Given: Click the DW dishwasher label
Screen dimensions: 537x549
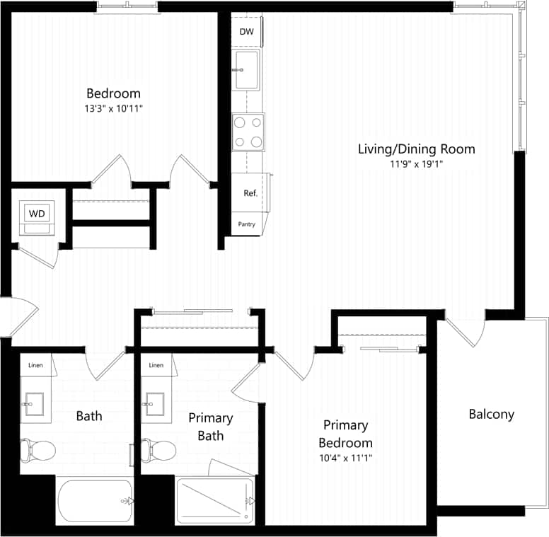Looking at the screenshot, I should point(246,32).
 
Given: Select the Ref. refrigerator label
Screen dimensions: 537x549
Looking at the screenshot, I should point(250,193).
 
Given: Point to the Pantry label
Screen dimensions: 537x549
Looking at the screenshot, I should point(247,224).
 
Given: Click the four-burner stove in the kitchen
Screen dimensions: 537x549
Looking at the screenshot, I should point(248,132).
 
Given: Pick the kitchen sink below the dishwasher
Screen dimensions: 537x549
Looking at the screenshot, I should point(248,70).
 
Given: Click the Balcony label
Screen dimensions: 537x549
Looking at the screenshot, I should point(492,415).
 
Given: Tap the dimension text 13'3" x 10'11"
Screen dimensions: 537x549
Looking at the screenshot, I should point(114,108).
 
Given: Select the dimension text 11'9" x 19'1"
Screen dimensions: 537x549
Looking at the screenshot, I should point(416,164).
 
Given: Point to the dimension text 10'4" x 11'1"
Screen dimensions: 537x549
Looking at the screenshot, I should point(346,458).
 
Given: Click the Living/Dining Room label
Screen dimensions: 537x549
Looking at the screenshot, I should point(416,149).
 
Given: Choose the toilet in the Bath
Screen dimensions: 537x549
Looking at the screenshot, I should point(38,449).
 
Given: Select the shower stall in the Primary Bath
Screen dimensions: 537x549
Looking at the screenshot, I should point(214,501).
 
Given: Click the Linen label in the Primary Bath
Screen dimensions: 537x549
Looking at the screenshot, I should point(156,365).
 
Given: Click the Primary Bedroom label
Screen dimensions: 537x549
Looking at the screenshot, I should point(346,434).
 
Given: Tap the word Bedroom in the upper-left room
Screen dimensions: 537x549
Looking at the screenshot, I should point(113,93).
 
